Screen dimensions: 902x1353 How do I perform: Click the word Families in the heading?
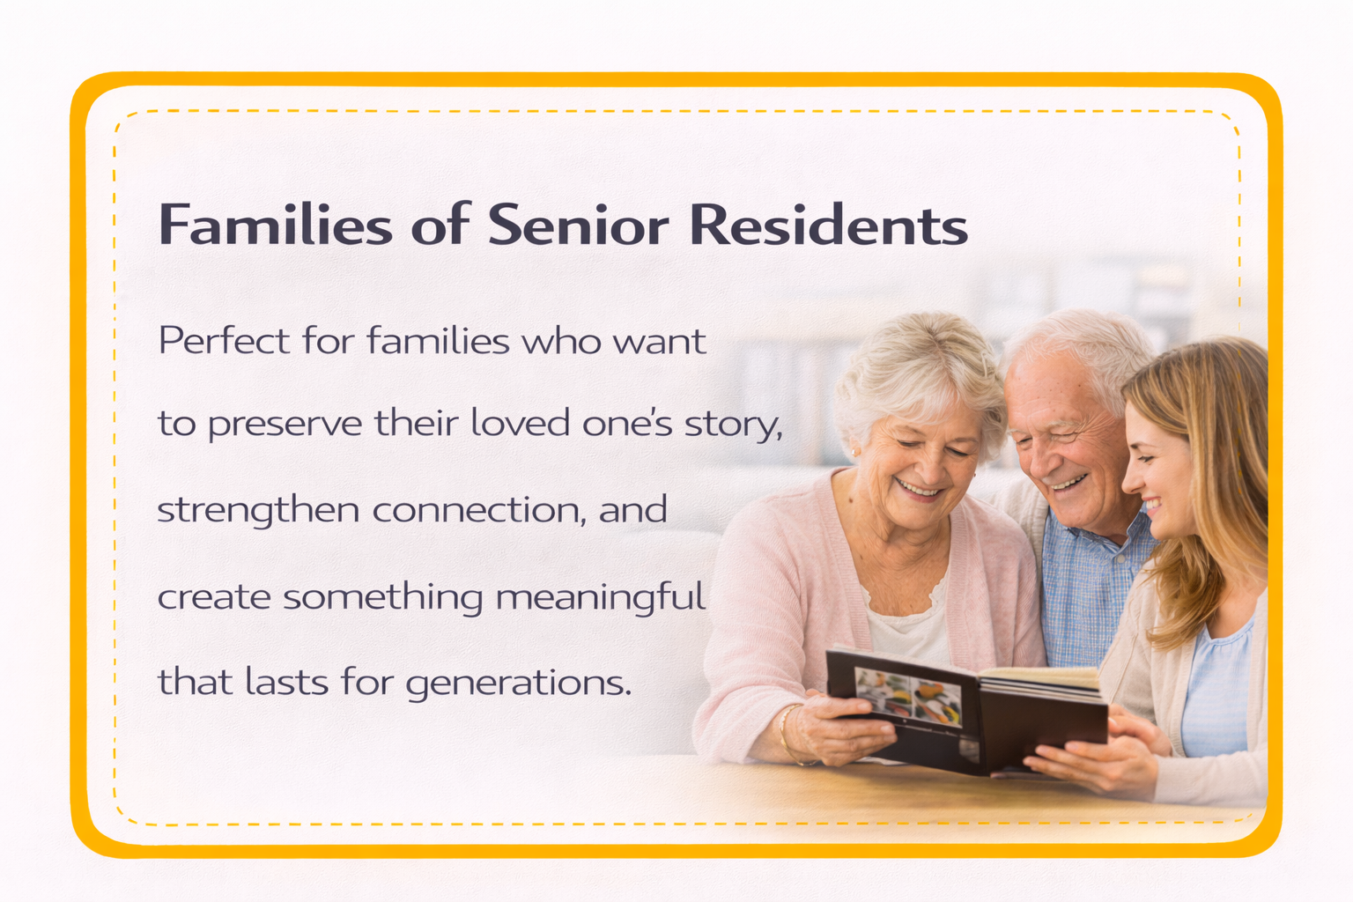point(275,225)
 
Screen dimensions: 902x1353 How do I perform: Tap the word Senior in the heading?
point(578,225)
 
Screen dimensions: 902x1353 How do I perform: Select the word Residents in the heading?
point(828,225)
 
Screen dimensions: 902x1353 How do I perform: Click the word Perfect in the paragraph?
point(224,341)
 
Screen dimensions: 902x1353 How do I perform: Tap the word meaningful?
point(601,597)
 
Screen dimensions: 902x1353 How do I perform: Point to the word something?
point(382,597)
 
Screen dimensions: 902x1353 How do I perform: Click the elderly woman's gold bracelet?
point(786,733)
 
